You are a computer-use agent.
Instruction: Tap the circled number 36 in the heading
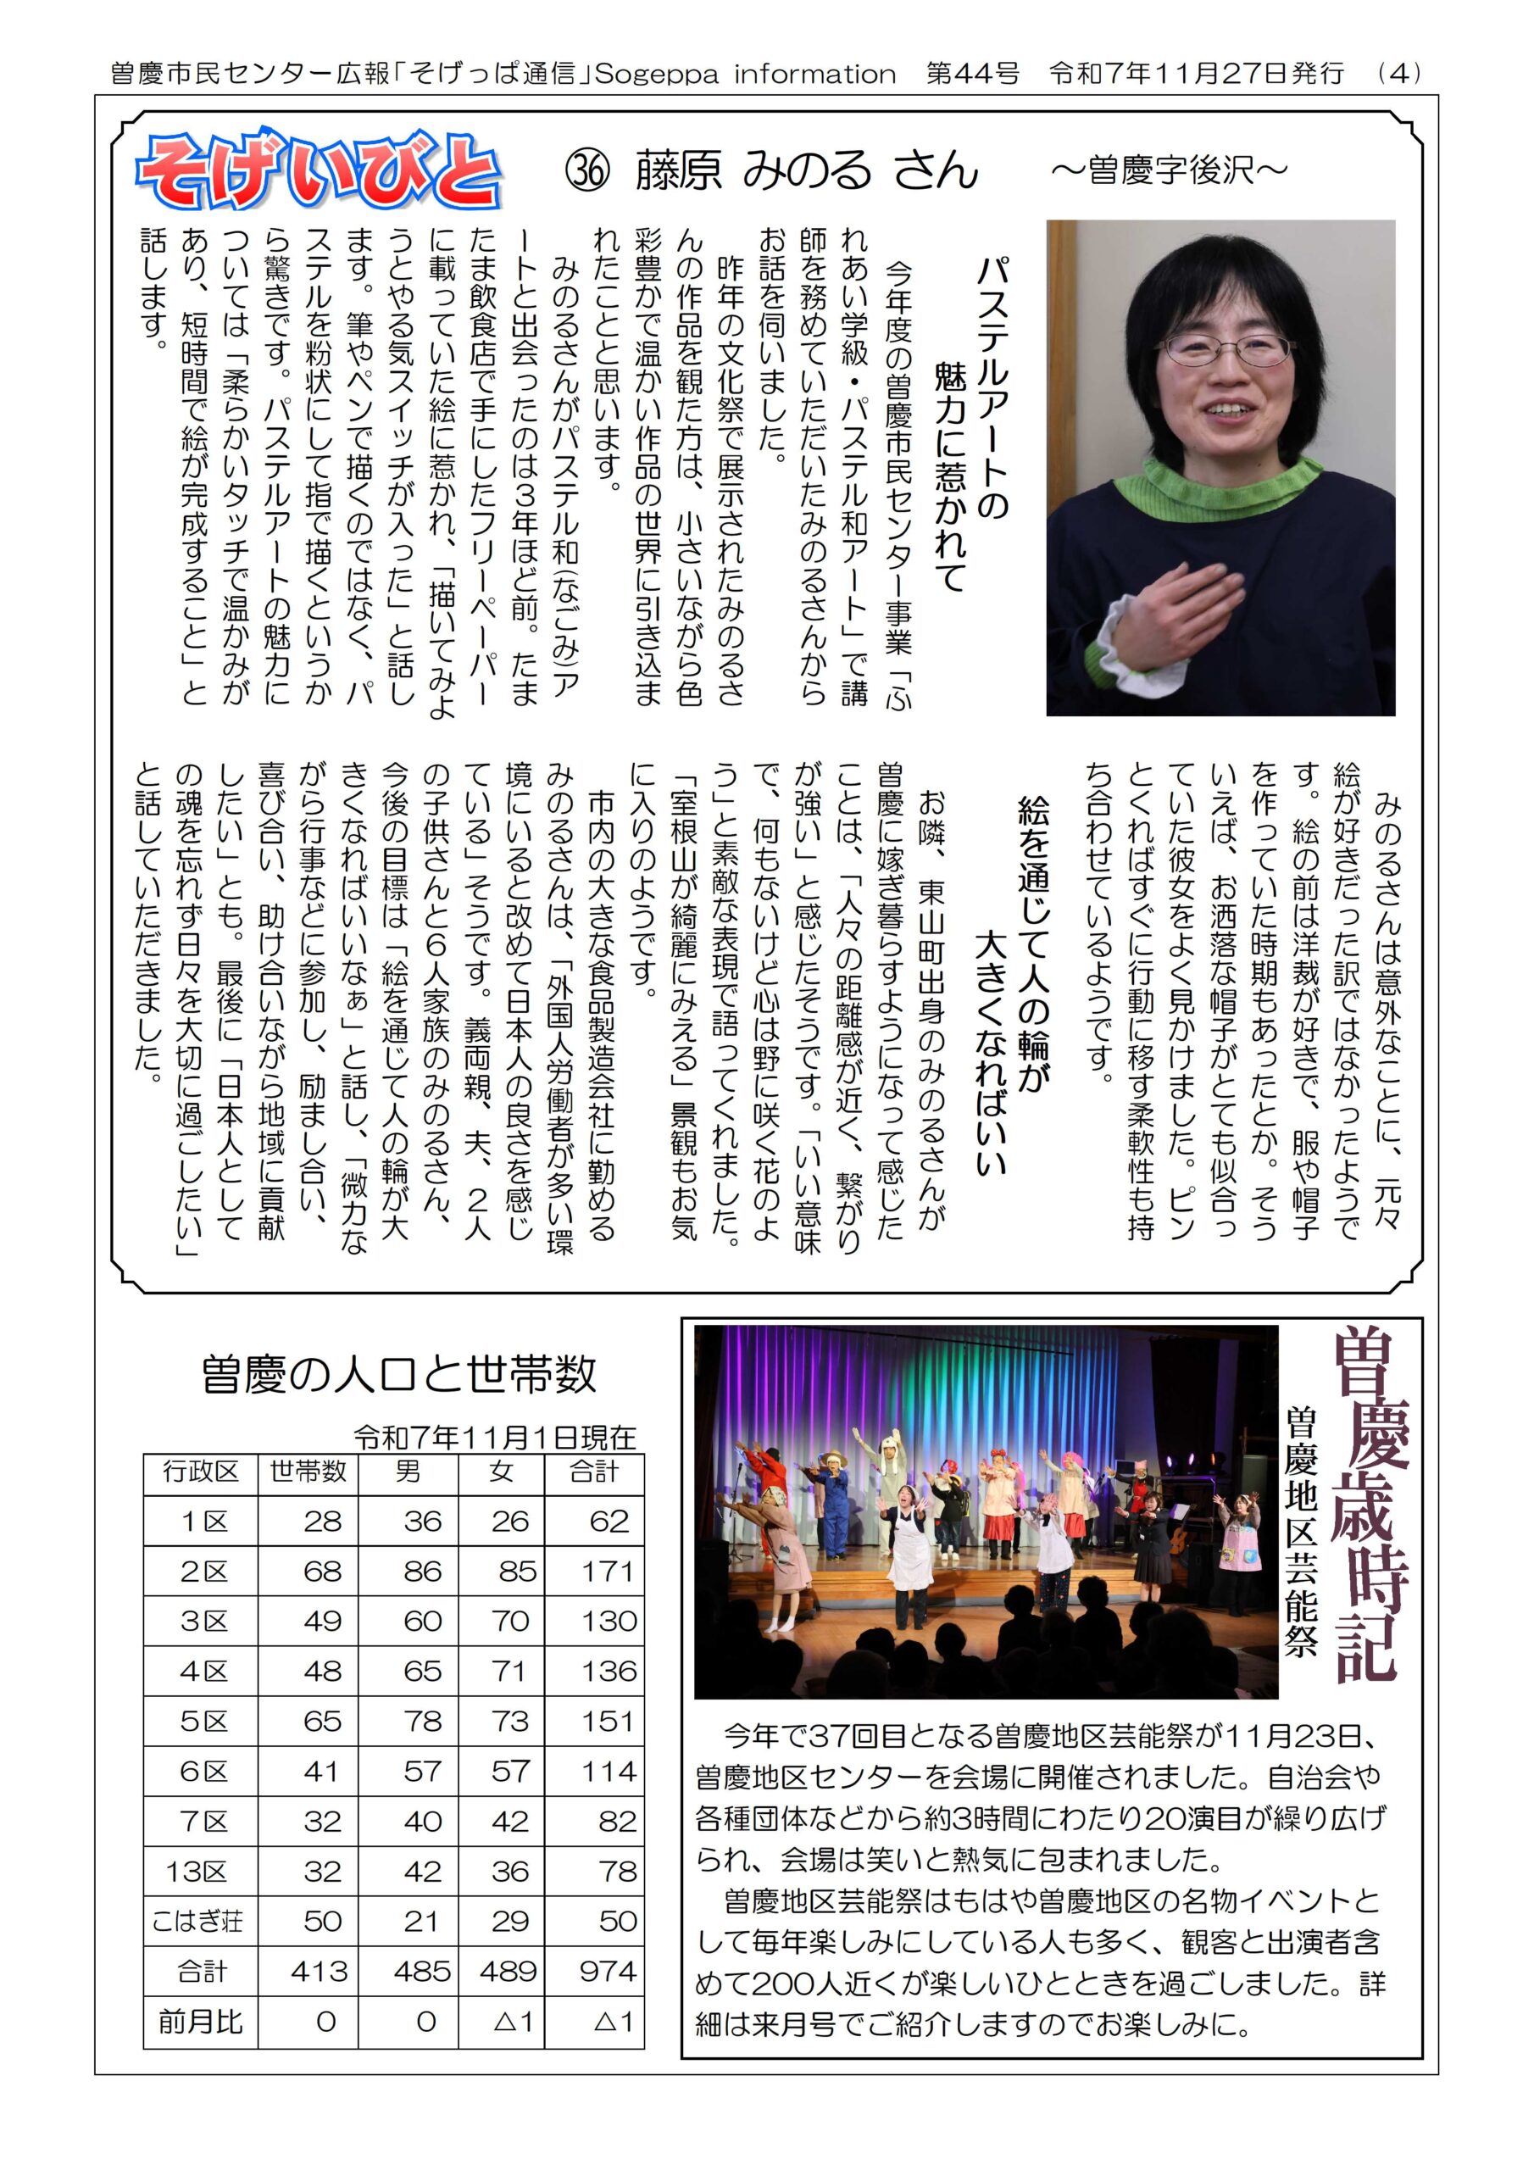[587, 171]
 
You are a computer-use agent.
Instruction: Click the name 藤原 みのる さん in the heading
[806, 171]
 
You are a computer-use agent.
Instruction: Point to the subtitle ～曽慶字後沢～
[1168, 170]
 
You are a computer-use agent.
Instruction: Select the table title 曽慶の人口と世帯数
[398, 1374]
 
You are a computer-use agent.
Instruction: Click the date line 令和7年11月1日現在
[495, 1438]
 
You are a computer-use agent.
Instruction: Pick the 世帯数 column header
[308, 1472]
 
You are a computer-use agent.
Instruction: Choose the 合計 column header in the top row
[593, 1472]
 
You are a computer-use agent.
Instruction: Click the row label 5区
[203, 1721]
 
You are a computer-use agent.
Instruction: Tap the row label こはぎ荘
[198, 1922]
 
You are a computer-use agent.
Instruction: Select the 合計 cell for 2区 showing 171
[607, 1571]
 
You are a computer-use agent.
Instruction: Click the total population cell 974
[607, 1972]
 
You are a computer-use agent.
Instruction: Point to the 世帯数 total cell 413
[320, 1972]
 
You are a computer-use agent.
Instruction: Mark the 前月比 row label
[200, 2022]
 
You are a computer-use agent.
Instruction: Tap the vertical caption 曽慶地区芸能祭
[1301, 1531]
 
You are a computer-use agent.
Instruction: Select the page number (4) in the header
[1400, 74]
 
